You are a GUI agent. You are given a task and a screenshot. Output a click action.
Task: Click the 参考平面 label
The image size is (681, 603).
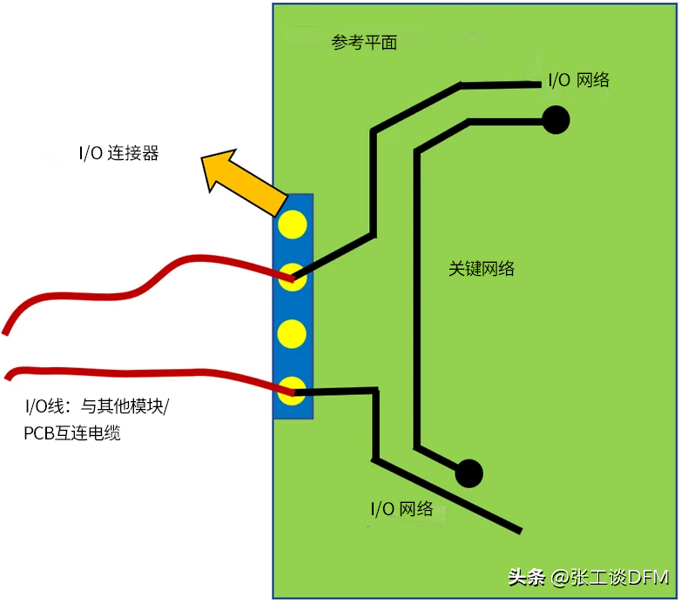(364, 43)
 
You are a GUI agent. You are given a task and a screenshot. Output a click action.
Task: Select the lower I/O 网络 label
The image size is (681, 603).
(401, 509)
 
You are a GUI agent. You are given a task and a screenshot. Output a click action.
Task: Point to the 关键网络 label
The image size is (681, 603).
(482, 269)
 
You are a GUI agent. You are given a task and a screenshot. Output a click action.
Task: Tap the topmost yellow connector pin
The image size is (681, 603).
(292, 224)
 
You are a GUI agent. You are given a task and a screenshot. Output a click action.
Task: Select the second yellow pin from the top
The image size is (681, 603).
(292, 278)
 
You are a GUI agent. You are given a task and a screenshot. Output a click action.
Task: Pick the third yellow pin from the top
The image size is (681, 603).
(292, 333)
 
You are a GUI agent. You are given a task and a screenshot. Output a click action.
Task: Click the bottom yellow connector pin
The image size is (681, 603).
(292, 388)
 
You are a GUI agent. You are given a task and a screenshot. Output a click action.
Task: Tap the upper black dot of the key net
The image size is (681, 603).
(556, 119)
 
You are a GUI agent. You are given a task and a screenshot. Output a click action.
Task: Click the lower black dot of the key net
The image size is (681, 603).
(469, 472)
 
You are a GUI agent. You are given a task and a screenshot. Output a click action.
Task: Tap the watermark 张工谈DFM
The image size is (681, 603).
(615, 577)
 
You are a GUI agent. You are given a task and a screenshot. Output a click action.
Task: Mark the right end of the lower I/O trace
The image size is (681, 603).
(520, 529)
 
